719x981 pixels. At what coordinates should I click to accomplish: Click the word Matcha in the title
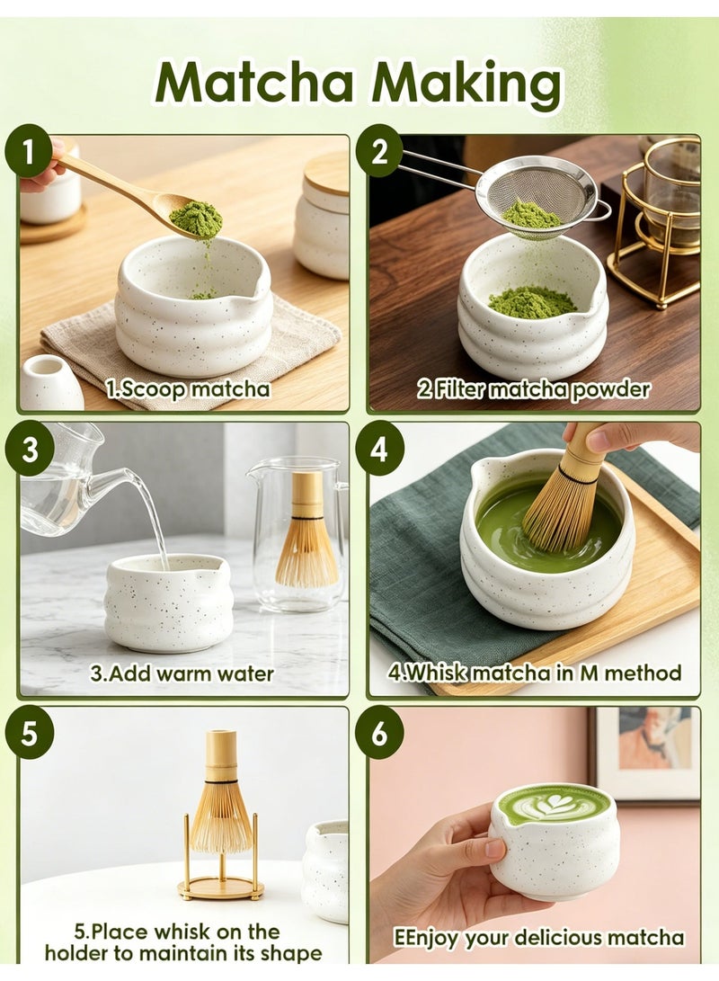coord(253,84)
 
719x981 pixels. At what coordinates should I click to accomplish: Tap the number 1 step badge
coord(29,151)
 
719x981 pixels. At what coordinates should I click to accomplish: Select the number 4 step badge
coord(379,449)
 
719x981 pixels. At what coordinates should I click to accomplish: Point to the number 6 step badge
coord(379,733)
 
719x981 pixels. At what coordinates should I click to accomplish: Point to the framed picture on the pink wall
coord(644,754)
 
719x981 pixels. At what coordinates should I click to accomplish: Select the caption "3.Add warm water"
coord(182,673)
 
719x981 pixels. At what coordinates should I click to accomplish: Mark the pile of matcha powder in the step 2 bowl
coord(531,301)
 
